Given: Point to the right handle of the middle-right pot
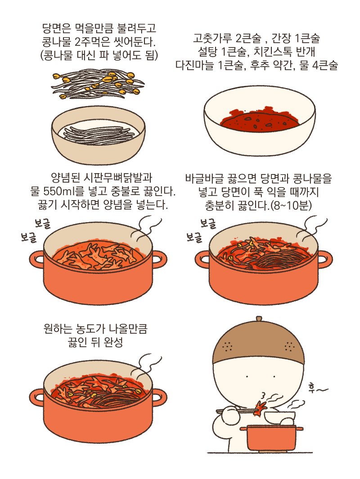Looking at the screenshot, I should (x=325, y=259).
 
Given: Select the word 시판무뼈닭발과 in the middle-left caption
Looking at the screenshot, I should (x=109, y=179).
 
